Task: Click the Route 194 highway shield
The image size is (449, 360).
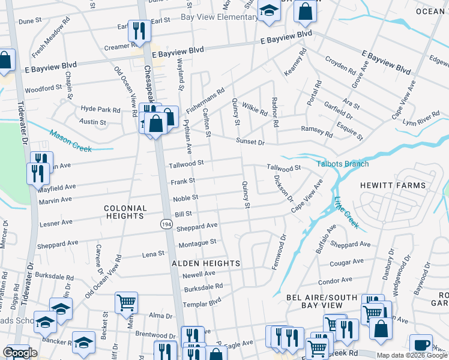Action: [166, 224]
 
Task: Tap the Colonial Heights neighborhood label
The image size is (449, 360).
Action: [125, 213]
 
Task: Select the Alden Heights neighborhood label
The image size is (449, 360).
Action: [206, 263]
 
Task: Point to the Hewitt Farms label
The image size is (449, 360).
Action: [393, 185]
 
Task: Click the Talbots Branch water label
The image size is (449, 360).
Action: [343, 164]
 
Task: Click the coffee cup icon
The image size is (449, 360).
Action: [421, 346]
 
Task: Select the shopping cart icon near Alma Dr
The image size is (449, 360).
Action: [126, 302]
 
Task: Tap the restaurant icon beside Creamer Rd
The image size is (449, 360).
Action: [139, 31]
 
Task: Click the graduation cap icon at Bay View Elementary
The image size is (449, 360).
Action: [269, 10]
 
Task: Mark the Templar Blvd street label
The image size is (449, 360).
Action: [203, 301]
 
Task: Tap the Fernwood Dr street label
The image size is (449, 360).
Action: [278, 252]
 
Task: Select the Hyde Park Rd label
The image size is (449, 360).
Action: [100, 110]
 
